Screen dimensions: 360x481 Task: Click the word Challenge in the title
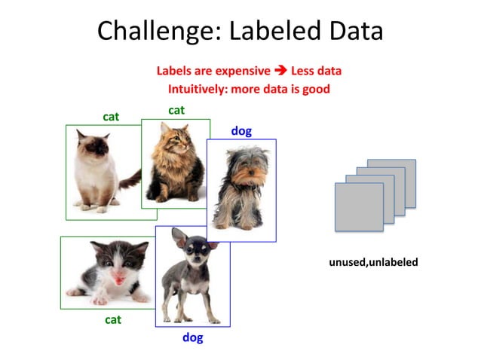tap(154, 31)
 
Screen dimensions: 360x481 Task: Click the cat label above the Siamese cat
tap(112, 116)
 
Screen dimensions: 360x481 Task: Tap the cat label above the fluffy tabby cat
tap(176, 110)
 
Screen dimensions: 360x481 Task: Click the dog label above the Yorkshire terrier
tap(241, 131)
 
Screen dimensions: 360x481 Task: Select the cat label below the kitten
tap(113, 319)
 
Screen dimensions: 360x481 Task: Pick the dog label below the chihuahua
tap(193, 338)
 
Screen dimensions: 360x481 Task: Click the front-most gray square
tap(359, 206)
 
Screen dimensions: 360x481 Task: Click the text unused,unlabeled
tap(373, 262)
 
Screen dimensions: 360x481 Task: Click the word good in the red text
tap(316, 88)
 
